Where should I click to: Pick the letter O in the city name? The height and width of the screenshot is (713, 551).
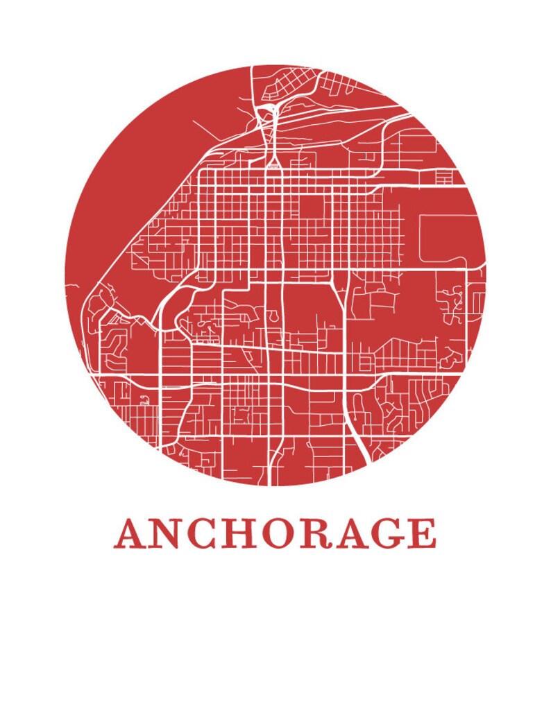point(282,533)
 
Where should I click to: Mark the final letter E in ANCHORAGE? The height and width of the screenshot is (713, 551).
point(423,533)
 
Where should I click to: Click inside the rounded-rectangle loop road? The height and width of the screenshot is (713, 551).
point(448,237)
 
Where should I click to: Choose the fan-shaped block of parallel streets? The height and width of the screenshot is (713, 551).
point(402,354)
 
